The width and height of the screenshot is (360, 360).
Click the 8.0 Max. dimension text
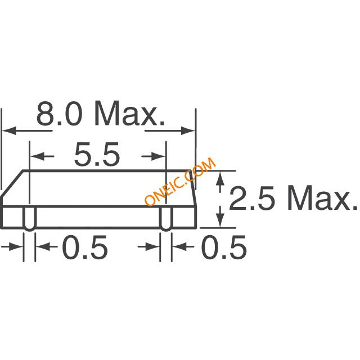point(101,114)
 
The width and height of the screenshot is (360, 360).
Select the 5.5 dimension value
point(97,154)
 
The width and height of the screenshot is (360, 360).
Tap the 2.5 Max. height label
point(293,198)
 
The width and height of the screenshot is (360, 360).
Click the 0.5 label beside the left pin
point(85,247)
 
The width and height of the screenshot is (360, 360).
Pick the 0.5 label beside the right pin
point(224,247)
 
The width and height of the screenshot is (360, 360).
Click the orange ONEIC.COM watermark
point(180,181)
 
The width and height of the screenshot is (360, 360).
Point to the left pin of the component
point(29,218)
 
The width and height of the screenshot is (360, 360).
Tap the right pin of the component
point(166,218)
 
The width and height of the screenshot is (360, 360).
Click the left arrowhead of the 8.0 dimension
point(9,130)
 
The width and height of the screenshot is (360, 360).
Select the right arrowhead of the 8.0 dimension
point(188,130)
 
